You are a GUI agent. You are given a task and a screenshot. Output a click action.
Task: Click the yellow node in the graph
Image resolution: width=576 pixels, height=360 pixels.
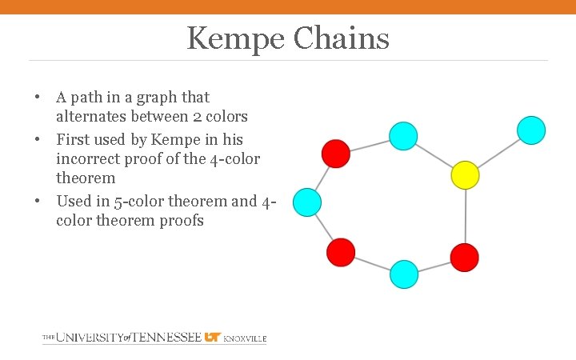(465, 174)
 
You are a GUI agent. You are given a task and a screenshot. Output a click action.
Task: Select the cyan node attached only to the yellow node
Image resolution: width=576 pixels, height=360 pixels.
(531, 130)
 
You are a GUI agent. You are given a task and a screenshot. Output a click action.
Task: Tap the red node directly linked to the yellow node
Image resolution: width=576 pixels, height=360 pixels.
(464, 257)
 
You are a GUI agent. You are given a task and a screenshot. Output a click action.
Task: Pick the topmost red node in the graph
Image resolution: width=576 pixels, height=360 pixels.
(336, 153)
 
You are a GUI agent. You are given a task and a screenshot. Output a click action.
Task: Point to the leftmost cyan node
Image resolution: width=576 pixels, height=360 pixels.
(307, 202)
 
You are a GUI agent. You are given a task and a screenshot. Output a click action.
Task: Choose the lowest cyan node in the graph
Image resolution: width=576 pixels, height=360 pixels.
(404, 274)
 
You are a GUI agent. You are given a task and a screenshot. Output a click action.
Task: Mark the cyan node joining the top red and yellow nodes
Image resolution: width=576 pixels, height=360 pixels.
(403, 136)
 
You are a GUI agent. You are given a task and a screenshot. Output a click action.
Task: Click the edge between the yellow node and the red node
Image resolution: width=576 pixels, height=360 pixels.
(465, 216)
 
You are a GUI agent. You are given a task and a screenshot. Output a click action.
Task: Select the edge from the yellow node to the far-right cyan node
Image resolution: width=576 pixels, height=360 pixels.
(498, 152)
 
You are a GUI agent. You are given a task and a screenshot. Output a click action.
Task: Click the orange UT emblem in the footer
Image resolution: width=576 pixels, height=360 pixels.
(213, 338)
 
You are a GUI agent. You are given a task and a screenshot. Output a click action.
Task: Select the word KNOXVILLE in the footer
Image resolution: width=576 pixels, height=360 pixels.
(245, 339)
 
